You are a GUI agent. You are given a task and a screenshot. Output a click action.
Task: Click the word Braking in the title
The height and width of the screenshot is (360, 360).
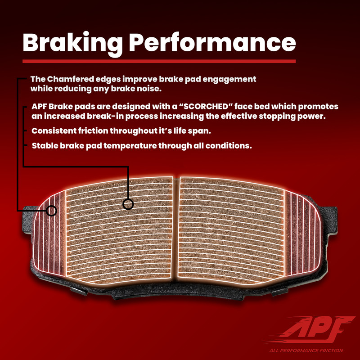tap(73, 44)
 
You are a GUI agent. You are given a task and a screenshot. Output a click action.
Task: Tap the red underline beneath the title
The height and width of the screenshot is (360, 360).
tap(159, 61)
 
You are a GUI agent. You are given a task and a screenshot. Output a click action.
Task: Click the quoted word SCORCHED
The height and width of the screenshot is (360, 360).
tap(205, 107)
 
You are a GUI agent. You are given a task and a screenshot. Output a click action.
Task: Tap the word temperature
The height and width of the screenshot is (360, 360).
tap(130, 146)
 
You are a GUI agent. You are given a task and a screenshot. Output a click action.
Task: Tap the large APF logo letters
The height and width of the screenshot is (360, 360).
tap(315, 328)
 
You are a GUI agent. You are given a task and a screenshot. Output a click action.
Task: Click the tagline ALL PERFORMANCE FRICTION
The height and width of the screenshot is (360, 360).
tap(306, 351)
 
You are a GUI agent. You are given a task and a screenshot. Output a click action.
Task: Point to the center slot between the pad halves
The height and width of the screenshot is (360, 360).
tap(176, 229)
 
